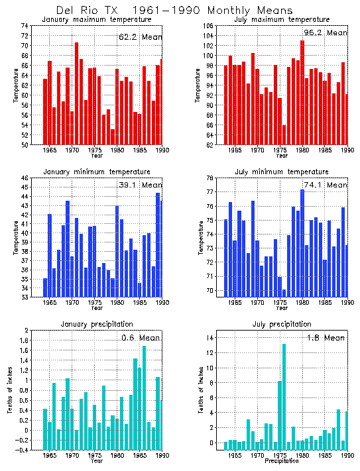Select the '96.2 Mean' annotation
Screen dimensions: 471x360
click(325, 32)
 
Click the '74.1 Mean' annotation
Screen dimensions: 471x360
click(325, 185)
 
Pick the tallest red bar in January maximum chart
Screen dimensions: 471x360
click(76, 93)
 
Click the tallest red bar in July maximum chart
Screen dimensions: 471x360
click(302, 93)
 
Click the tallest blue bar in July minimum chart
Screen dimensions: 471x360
click(302, 242)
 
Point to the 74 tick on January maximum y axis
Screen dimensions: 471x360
click(25, 26)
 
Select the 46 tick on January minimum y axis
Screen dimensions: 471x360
click(25, 178)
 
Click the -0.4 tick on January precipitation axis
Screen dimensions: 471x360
click(22, 450)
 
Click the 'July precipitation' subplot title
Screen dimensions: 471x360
click(282, 324)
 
